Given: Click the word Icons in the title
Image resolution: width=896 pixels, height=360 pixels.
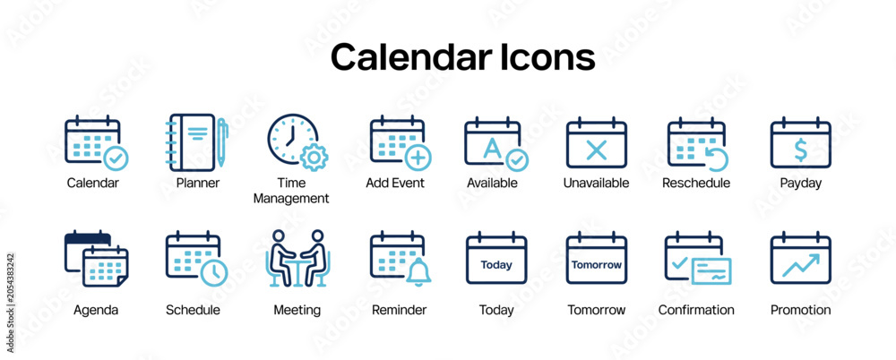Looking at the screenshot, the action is (547, 57).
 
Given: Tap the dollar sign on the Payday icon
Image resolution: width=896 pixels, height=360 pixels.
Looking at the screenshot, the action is (800, 150).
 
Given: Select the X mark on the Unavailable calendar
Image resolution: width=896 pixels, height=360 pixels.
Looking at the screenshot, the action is (597, 150).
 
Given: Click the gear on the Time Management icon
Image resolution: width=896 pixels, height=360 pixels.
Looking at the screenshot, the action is (314, 157).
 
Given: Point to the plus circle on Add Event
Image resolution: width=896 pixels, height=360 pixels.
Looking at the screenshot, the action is (418, 157).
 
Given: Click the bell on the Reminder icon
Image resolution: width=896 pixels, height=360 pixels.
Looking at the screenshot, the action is (418, 272).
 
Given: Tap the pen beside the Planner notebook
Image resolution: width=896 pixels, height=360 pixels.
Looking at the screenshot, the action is (221, 142).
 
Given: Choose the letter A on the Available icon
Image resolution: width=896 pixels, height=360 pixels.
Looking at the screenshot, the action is (491, 148).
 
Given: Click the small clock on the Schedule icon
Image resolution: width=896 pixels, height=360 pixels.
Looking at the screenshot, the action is (214, 273).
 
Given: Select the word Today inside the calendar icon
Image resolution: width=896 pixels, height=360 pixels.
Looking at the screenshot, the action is (496, 264).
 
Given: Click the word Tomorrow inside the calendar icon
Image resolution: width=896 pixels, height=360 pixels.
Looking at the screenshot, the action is (597, 264).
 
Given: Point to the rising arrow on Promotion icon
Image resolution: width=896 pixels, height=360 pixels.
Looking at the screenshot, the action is (800, 266).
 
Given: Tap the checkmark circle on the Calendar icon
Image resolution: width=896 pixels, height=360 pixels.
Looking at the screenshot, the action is (116, 159).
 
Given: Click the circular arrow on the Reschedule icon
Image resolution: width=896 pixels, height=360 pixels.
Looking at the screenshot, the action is (716, 158).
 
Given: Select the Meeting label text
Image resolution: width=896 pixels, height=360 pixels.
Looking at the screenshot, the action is (297, 310).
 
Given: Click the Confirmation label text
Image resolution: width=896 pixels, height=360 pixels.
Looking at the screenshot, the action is (696, 310).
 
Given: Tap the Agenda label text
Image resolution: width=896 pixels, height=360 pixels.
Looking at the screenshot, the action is (96, 310).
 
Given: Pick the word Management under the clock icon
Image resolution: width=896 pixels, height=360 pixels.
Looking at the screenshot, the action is (291, 199).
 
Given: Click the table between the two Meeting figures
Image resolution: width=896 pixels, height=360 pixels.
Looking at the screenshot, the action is (297, 271).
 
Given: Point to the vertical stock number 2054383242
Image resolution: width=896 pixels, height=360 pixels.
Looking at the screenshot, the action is (10, 303).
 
